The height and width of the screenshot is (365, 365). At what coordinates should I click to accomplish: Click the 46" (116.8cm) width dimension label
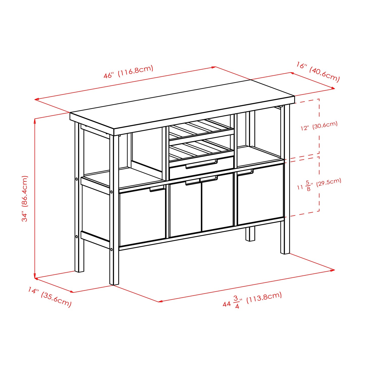pyautogui.click(x=128, y=72)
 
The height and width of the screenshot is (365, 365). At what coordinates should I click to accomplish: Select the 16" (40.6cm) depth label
pyautogui.click(x=318, y=72)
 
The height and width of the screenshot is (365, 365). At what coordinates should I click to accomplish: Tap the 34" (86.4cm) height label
pyautogui.click(x=25, y=199)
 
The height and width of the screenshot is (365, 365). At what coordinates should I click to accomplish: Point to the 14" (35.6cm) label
pyautogui.click(x=50, y=297)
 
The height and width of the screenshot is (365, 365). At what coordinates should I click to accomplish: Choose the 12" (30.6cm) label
pyautogui.click(x=319, y=126)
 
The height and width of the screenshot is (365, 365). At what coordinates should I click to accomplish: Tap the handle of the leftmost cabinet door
pyautogui.click(x=157, y=189)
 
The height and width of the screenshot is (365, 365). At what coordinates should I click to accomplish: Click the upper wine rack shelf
pyautogui.click(x=201, y=129)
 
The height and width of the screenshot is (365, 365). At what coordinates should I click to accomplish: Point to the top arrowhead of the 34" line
pyautogui.click(x=35, y=119)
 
